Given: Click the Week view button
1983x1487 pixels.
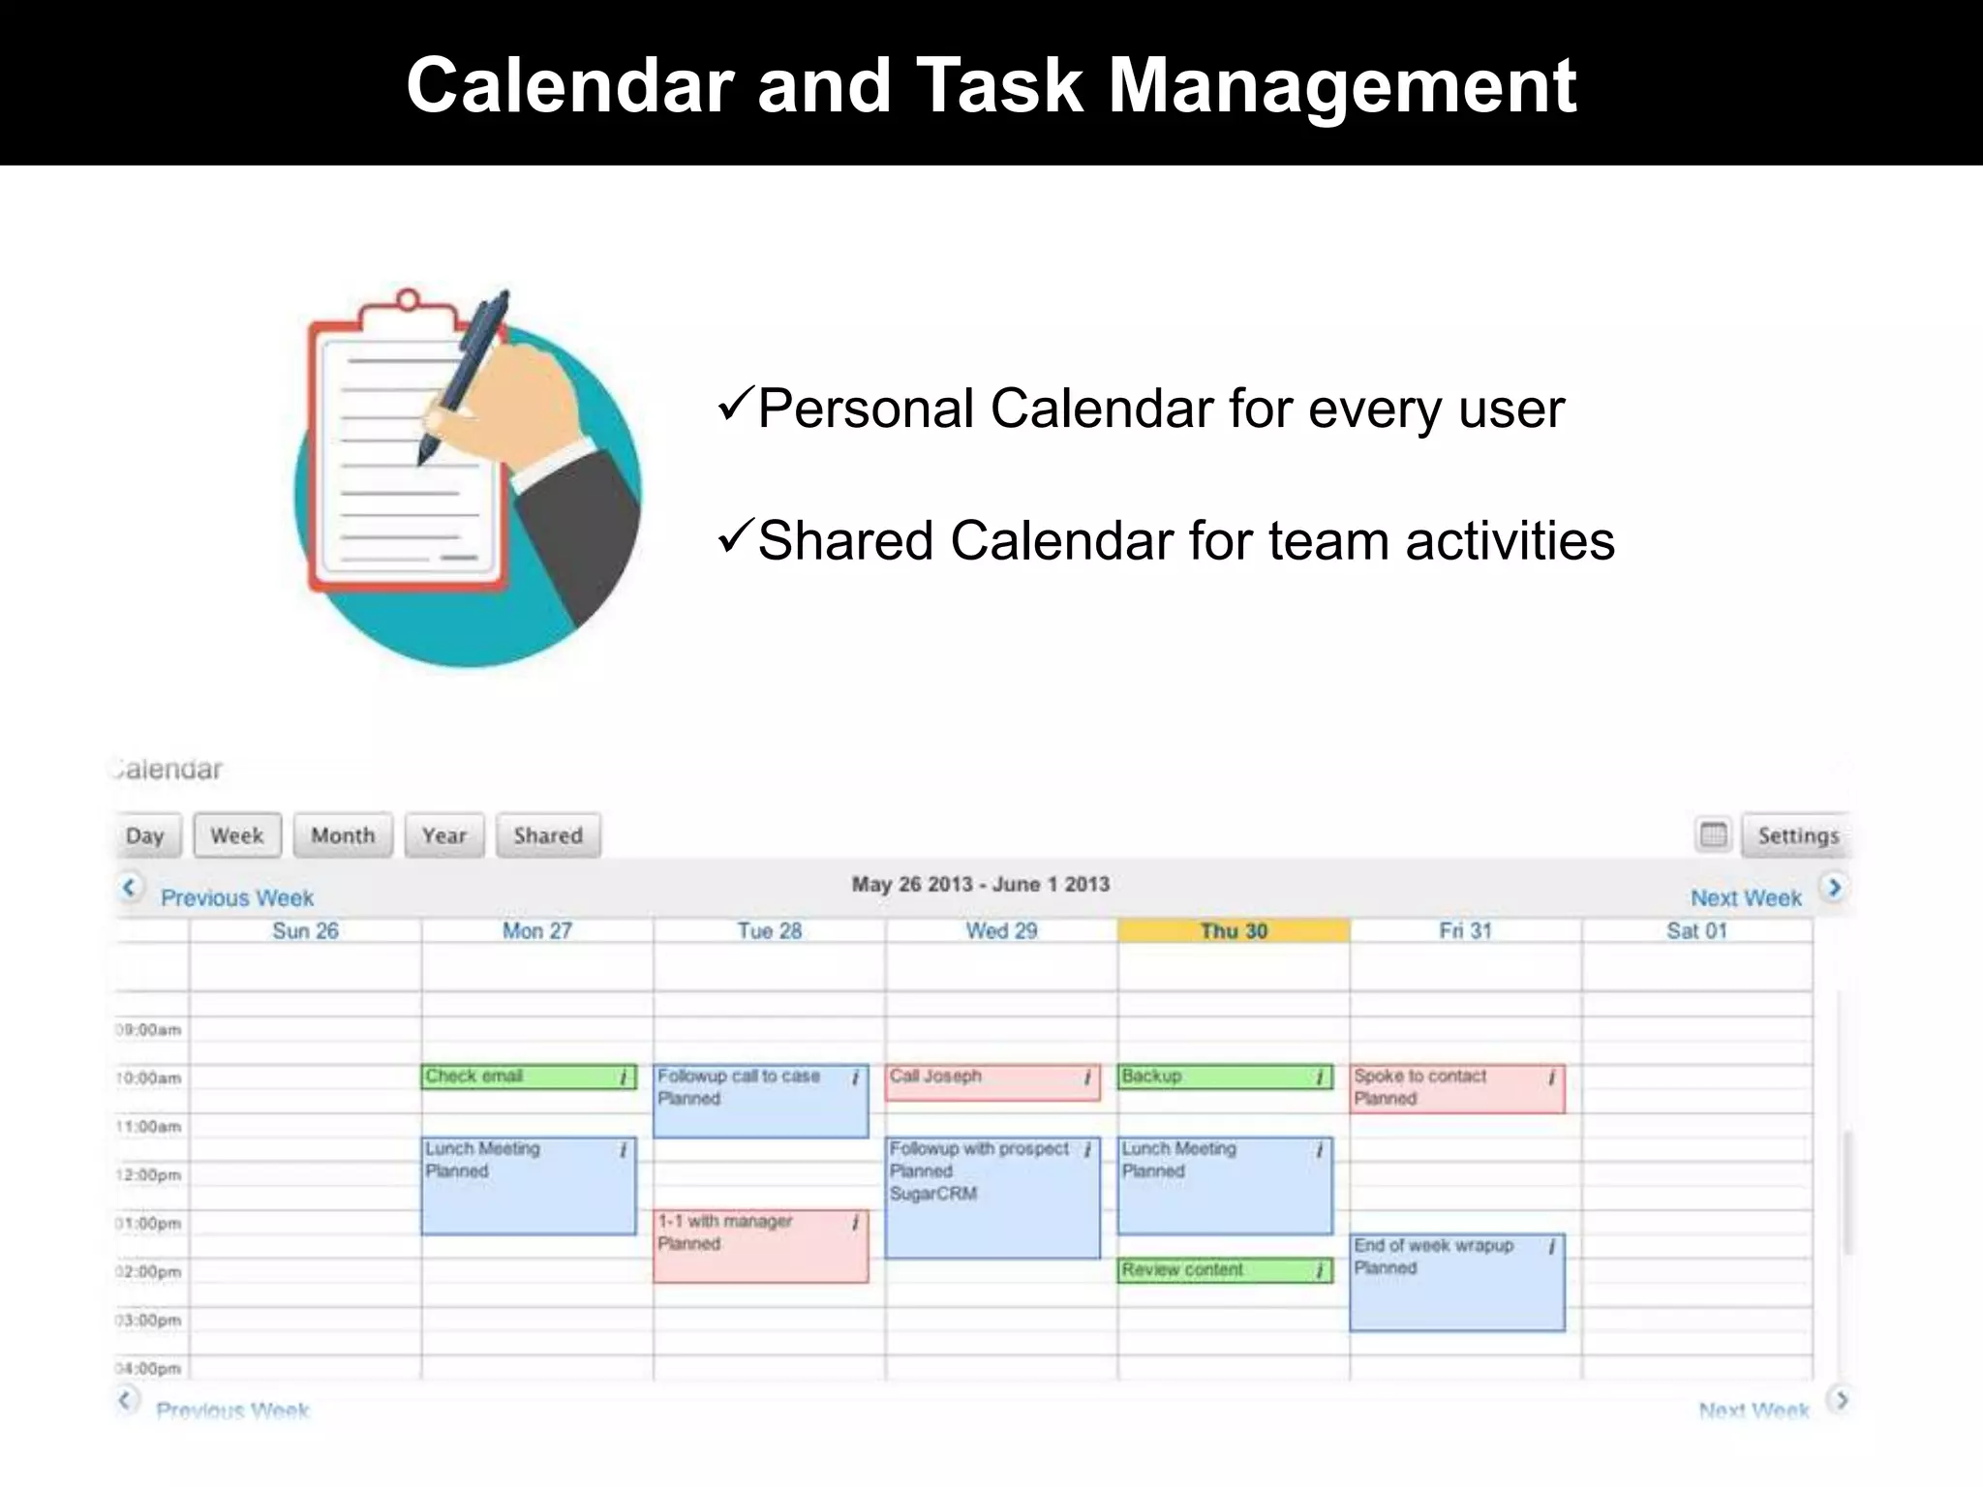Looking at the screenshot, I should (237, 835).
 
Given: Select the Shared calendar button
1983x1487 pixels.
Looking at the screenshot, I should (548, 835).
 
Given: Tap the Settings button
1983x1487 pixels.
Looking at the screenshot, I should (1797, 835).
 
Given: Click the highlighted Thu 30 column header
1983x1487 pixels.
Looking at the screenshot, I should (1234, 930).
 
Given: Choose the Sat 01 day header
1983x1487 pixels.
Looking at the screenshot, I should (1696, 930).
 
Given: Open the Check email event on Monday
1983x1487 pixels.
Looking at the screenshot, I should (528, 1077).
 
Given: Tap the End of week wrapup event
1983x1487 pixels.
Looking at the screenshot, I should (1456, 1282).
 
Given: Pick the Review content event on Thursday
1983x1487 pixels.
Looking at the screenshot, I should (1224, 1270).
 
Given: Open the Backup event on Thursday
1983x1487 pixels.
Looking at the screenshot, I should (1224, 1077).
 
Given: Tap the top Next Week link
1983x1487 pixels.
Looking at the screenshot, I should (1746, 897).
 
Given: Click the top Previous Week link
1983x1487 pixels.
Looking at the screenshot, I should (237, 897).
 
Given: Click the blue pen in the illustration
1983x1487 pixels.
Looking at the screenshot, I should (465, 378).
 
